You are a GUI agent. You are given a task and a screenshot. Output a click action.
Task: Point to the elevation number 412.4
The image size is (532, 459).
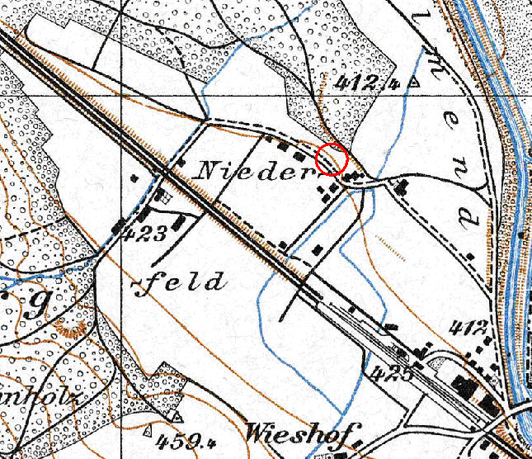click(x=368, y=83)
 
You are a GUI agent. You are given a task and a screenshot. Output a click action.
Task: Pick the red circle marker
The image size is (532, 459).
click(x=332, y=159)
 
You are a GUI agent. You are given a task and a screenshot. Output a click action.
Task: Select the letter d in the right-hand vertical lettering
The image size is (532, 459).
click(x=467, y=219)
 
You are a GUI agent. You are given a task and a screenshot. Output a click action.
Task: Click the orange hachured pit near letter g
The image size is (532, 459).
click(x=70, y=330)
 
